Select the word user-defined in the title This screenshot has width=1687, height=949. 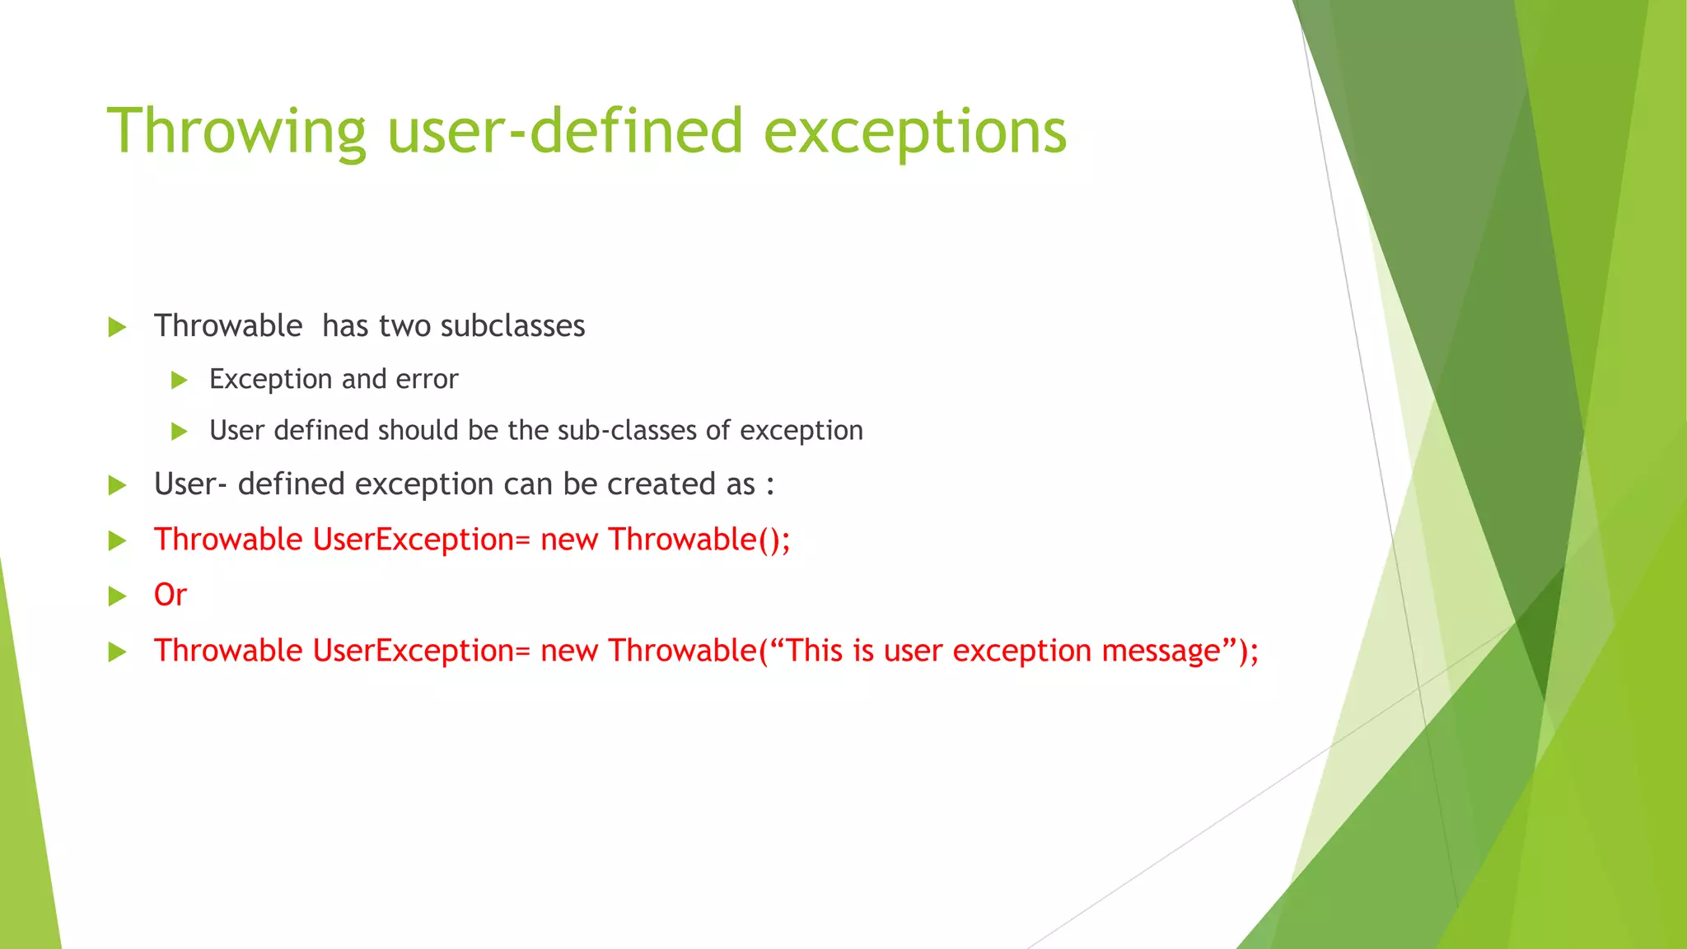tap(565, 132)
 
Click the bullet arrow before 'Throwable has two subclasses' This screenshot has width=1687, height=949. tap(117, 327)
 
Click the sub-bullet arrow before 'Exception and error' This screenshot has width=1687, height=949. tap(179, 380)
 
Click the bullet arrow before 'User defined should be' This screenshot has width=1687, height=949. tap(179, 431)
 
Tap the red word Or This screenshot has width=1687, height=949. tap(171, 595)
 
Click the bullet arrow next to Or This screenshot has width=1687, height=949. tap(117, 596)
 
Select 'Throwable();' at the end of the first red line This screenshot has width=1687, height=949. tap(699, 540)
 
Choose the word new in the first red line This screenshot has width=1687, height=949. tap(568, 540)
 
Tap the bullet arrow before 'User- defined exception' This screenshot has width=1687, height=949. tap(117, 485)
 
